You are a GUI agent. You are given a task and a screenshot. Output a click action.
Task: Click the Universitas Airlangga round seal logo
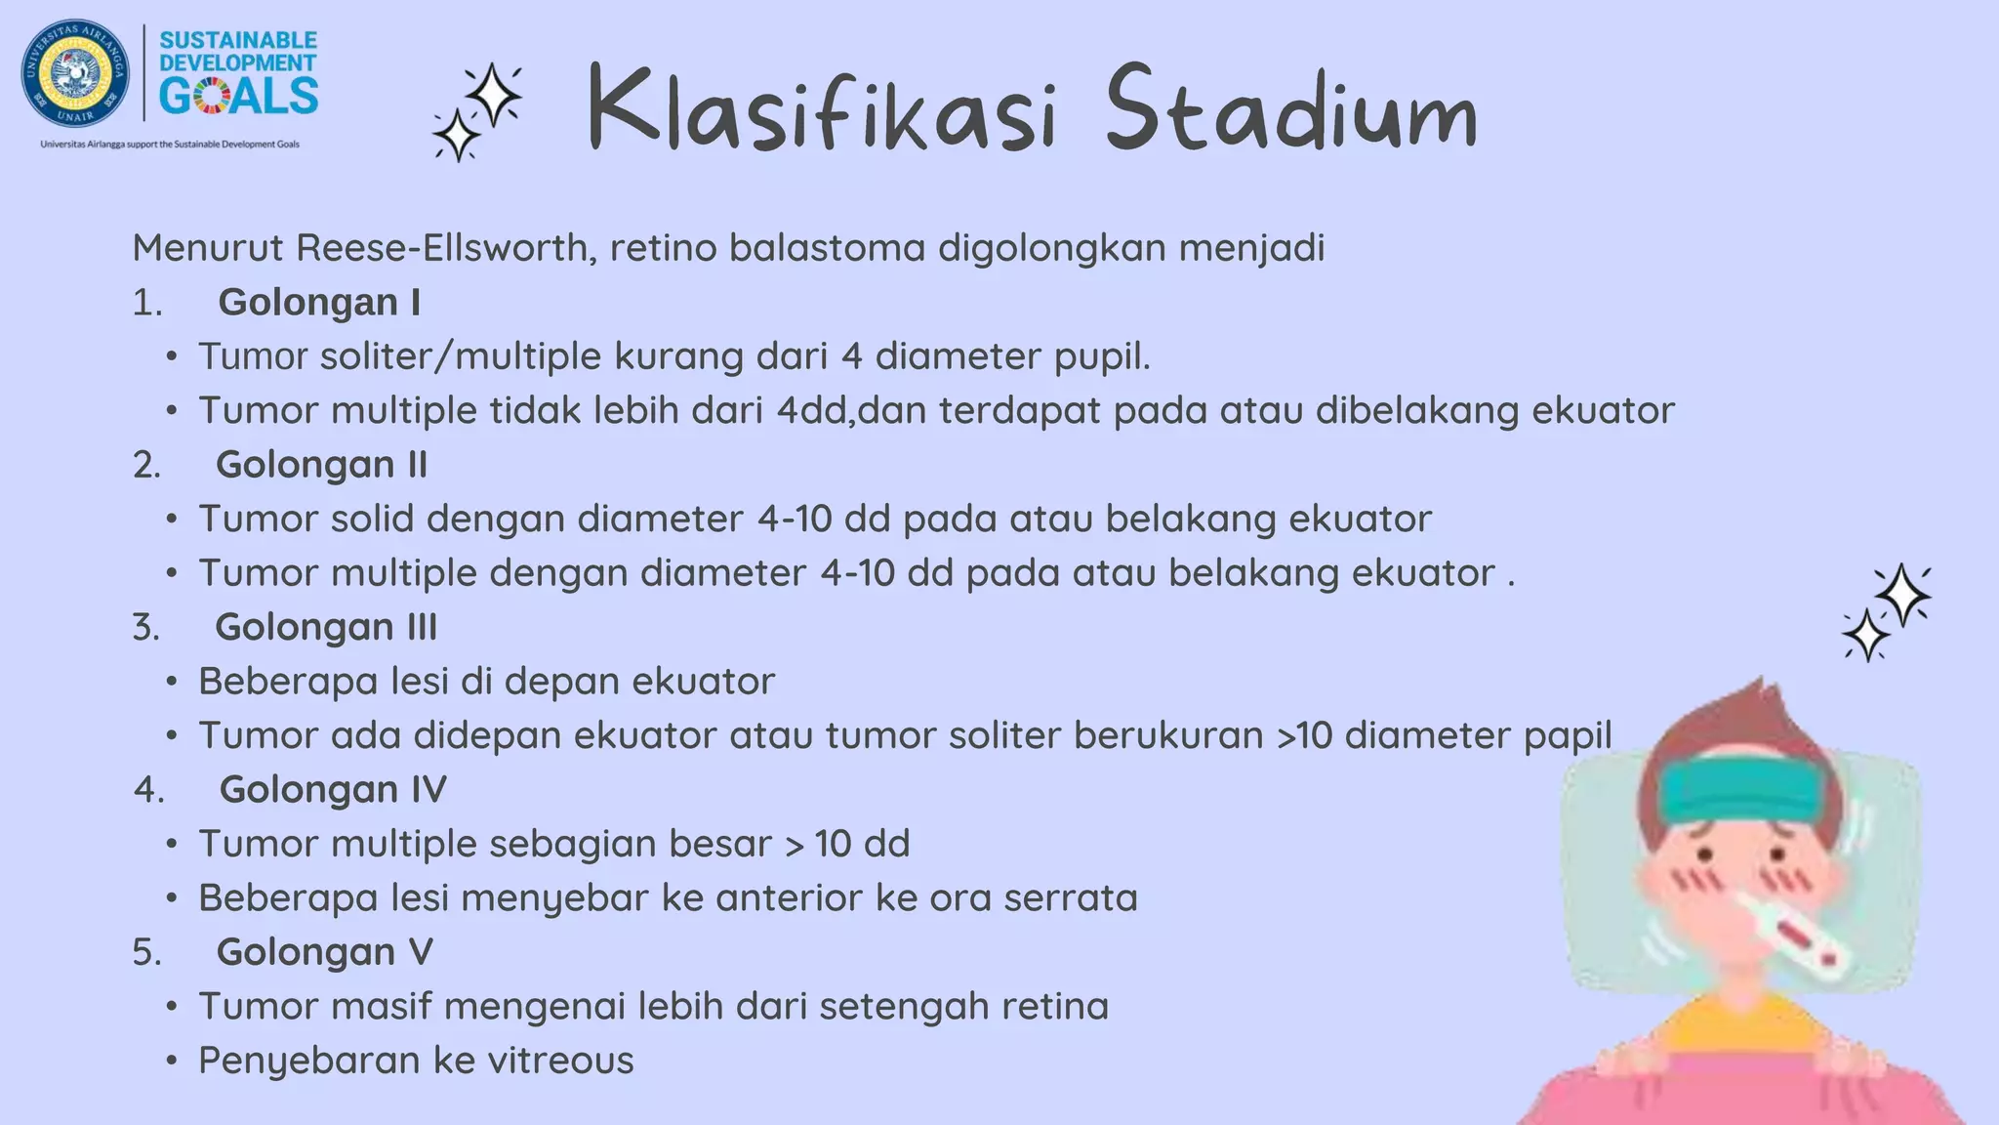(75, 73)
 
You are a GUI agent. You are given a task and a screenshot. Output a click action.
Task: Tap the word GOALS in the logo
(238, 96)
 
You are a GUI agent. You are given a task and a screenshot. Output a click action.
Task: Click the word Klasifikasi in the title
(822, 109)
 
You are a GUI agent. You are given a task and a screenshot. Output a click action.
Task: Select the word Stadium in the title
(1290, 109)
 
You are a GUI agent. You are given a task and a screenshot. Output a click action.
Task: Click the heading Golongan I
(319, 303)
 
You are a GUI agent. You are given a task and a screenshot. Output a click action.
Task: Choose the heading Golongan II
(321, 465)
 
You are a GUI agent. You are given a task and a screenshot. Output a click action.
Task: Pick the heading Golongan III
(326, 627)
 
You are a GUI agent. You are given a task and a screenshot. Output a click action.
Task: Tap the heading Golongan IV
(332, 789)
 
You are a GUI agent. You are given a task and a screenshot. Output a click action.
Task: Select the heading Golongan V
(324, 952)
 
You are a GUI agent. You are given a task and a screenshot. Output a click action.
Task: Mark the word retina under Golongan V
(1060, 1007)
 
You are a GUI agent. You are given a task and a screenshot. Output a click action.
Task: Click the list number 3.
(145, 627)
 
